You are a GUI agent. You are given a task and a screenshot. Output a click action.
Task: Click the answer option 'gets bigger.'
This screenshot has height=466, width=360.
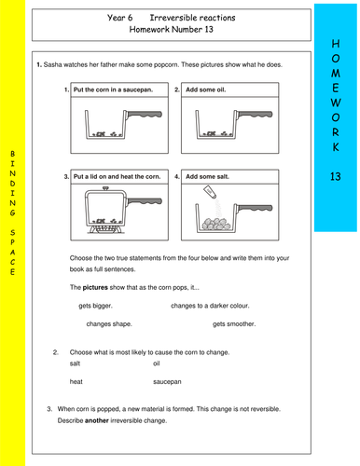[x=95, y=306]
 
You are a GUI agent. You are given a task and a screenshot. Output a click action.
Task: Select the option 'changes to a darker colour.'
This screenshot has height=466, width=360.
[x=210, y=306]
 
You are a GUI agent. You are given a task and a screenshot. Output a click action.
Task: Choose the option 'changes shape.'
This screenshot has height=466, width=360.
[x=109, y=324]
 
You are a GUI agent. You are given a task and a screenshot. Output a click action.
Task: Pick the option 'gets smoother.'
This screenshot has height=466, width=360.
[x=234, y=324]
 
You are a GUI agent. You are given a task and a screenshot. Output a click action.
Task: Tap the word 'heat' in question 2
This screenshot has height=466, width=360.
[x=76, y=381]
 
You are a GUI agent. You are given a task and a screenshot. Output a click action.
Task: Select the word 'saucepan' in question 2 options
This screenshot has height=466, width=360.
[x=167, y=382]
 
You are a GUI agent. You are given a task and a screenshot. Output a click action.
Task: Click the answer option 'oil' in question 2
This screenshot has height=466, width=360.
[x=157, y=363]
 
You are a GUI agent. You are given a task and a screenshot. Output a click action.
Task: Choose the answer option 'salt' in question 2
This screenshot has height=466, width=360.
[x=75, y=363]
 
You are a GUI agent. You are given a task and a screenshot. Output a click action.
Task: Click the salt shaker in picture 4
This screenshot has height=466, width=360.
[x=210, y=192]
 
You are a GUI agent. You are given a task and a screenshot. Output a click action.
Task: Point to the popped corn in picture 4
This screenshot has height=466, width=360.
[x=216, y=224]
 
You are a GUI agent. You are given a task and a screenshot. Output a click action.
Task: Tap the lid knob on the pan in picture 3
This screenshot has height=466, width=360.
[x=106, y=188]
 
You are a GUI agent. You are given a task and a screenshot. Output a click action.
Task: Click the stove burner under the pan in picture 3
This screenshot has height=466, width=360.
[x=105, y=229]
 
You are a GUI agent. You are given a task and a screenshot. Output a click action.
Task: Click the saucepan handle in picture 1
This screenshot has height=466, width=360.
[x=144, y=115]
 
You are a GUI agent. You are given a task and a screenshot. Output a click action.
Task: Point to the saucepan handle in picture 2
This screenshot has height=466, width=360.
[x=255, y=115]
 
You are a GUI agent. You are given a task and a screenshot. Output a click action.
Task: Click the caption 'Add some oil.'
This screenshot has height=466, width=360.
[x=206, y=89]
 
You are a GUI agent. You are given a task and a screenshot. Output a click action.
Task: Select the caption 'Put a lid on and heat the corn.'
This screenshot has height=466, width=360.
[x=118, y=177]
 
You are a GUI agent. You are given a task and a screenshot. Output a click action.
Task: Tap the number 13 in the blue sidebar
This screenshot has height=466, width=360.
[x=336, y=176]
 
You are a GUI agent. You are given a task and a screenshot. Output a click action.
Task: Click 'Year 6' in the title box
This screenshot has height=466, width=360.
[x=119, y=18]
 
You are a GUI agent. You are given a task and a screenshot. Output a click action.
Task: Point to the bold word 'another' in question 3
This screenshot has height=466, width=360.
[x=97, y=420]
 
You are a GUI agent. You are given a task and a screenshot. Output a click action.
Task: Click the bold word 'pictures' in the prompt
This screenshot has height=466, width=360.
[x=95, y=287]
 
